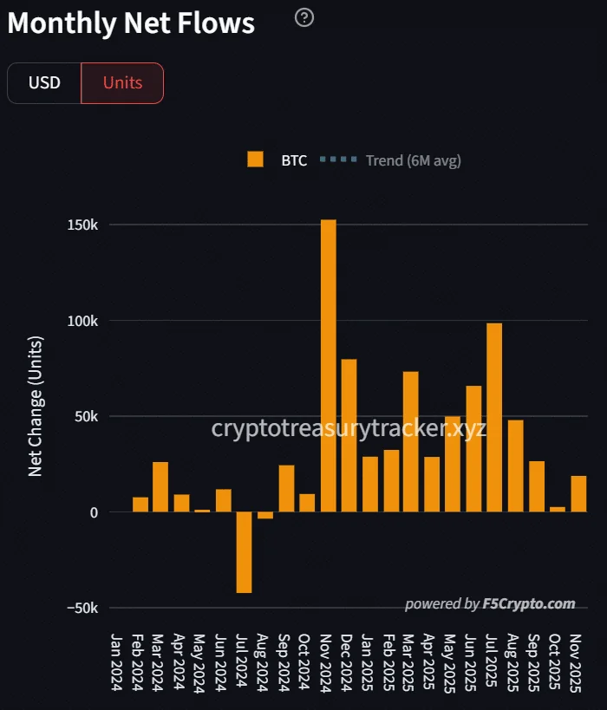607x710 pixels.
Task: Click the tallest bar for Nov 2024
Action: pyautogui.click(x=328, y=365)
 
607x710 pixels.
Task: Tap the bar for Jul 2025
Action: pyautogui.click(x=494, y=417)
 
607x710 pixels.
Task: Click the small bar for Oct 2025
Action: pyautogui.click(x=558, y=509)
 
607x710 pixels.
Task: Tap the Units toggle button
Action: pyautogui.click(x=122, y=83)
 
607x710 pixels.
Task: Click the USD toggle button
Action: pyautogui.click(x=44, y=83)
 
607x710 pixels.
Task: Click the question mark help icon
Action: pyautogui.click(x=304, y=17)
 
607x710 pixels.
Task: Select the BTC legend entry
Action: pyautogui.click(x=277, y=160)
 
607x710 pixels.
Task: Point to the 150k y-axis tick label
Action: pyautogui.click(x=82, y=225)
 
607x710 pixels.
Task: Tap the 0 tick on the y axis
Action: pyautogui.click(x=93, y=512)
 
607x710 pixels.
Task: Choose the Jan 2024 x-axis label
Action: pyautogui.click(x=117, y=661)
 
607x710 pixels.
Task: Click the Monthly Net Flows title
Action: pyautogui.click(x=131, y=23)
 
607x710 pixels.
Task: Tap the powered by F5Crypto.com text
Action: pyautogui.click(x=490, y=604)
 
